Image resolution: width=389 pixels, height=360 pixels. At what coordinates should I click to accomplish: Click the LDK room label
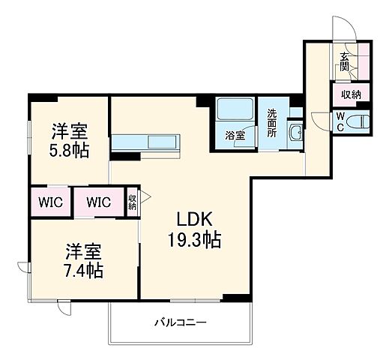click(x=196, y=220)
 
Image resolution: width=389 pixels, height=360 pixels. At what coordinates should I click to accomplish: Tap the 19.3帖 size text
click(x=193, y=241)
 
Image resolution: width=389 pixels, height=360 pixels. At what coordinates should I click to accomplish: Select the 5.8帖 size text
click(x=70, y=150)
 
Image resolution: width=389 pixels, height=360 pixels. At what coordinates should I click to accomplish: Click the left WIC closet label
click(x=50, y=202)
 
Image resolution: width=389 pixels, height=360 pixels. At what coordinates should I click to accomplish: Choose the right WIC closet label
click(x=98, y=202)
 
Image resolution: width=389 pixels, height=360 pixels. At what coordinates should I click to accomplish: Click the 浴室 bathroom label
click(x=235, y=136)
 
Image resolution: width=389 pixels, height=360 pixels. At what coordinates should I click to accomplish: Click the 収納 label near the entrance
click(x=351, y=94)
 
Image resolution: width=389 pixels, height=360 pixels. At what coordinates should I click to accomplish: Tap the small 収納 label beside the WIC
click(x=132, y=202)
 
